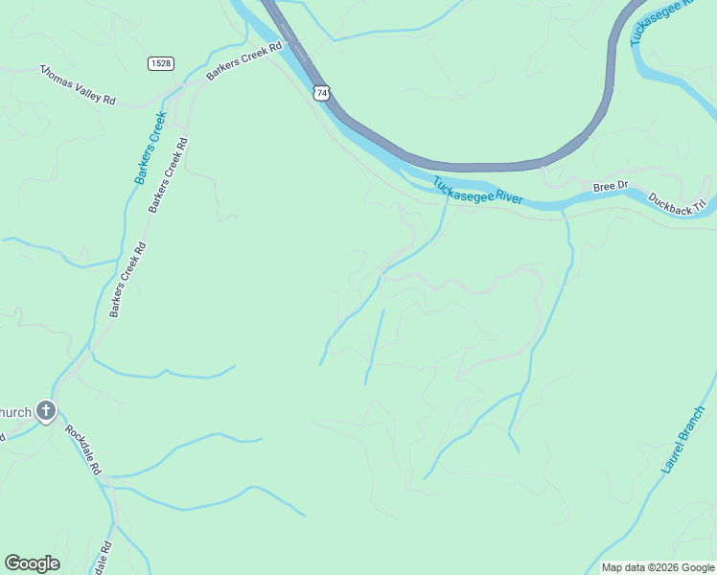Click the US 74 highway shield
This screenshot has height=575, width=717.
point(321,92)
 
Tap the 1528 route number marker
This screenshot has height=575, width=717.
point(161,63)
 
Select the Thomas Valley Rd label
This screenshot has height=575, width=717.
point(77,85)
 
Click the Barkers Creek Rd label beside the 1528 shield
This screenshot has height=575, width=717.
point(245,60)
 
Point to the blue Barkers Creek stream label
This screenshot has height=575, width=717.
point(150,148)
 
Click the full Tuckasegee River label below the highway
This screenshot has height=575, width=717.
point(476,191)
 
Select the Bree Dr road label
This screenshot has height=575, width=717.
point(610,186)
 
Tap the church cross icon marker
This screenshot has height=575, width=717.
point(46,412)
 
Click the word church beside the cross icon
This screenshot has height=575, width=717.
point(15,413)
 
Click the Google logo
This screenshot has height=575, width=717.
point(32,563)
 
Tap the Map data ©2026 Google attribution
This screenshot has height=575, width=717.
point(658,567)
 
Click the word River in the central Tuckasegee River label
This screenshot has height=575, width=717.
point(504,197)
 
